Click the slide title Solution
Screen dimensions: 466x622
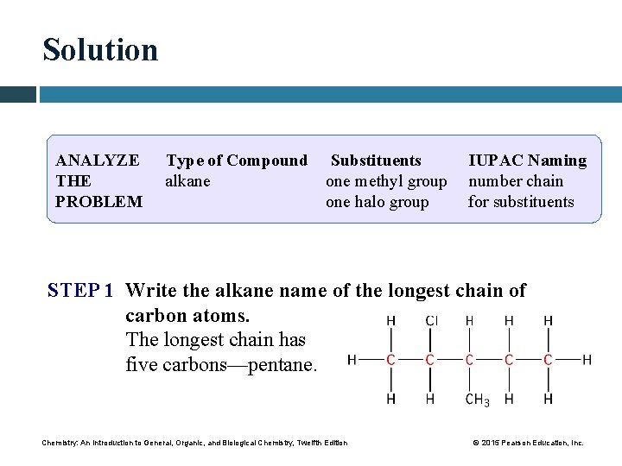(x=100, y=50)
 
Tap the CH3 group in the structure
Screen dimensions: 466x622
(x=476, y=400)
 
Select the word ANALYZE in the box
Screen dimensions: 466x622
(x=97, y=161)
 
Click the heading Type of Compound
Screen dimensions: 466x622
(x=236, y=161)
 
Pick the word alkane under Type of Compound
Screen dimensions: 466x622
(x=187, y=181)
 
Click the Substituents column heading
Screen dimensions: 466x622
(x=376, y=161)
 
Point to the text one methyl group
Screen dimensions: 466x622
(x=386, y=181)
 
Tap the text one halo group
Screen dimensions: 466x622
(x=377, y=202)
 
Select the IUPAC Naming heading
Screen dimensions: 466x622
(x=527, y=161)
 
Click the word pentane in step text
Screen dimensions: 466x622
(x=283, y=364)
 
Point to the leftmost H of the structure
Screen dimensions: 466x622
(x=352, y=360)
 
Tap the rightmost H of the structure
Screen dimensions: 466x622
(x=587, y=360)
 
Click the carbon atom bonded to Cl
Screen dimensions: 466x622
(x=430, y=360)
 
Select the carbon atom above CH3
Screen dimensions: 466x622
(x=469, y=360)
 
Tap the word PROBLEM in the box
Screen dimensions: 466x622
(x=98, y=202)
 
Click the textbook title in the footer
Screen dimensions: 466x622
(x=194, y=443)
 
